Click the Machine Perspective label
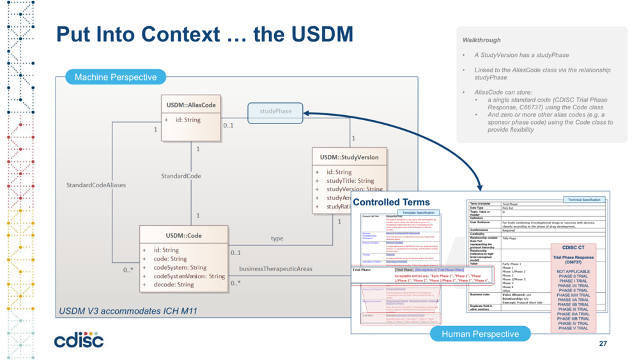[x=115, y=77]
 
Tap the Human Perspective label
[x=480, y=334]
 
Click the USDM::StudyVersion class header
[x=349, y=157]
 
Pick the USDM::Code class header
[x=183, y=235]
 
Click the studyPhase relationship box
[x=275, y=111]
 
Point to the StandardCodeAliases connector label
[x=96, y=185]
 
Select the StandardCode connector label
[x=181, y=176]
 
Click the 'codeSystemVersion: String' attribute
[x=189, y=276]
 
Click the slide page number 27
[x=603, y=344]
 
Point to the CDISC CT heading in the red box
[x=573, y=247]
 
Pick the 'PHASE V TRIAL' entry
[x=573, y=329]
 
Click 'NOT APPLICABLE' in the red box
[x=573, y=272]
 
